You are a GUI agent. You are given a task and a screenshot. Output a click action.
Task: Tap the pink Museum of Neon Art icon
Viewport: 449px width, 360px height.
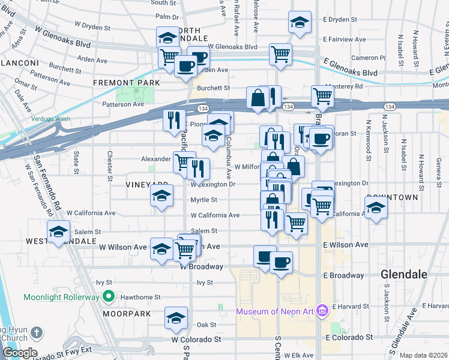(322, 311)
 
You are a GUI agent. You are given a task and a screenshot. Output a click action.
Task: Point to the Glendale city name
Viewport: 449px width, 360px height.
(404, 274)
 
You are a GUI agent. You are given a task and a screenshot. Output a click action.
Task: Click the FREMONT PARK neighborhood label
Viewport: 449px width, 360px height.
(126, 82)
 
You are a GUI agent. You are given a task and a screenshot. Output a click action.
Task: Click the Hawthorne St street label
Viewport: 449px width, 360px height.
(141, 297)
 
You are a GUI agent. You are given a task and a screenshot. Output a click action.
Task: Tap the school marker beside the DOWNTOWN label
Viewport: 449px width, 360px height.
(376, 208)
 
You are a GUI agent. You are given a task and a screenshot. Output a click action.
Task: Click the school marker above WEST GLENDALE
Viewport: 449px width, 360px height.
(58, 232)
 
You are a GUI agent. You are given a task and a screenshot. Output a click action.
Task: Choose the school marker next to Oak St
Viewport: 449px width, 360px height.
(176, 318)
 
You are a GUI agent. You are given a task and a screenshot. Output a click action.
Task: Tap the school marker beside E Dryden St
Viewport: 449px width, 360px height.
(300, 22)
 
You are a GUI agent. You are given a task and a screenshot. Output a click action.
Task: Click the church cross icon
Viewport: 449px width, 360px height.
(36, 332)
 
